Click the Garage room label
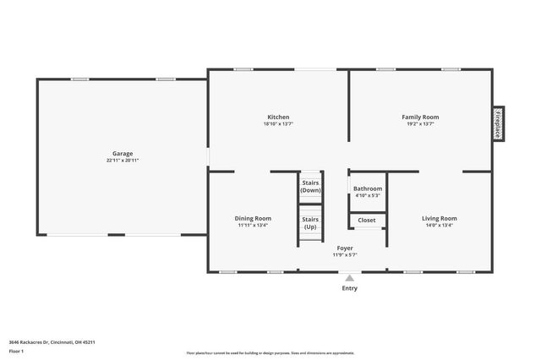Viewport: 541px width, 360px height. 123,154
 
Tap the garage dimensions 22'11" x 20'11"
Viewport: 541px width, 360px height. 123,161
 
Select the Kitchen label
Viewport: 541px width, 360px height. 278,117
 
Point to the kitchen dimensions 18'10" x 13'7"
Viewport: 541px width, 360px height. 278,123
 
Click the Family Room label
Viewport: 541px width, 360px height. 420,117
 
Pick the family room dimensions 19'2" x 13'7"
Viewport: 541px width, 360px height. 420,123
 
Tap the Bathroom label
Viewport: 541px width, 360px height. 368,188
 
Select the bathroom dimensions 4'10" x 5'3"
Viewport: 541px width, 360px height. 368,195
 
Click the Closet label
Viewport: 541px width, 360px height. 367,220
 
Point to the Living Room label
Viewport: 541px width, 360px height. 440,218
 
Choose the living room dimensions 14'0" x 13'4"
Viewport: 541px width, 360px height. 440,225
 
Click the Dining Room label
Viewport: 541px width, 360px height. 253,218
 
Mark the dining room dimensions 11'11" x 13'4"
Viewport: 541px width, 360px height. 253,225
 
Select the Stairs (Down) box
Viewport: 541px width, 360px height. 310,186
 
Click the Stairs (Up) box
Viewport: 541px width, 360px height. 310,223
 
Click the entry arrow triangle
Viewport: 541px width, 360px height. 349,277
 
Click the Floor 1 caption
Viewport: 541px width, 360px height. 16,350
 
